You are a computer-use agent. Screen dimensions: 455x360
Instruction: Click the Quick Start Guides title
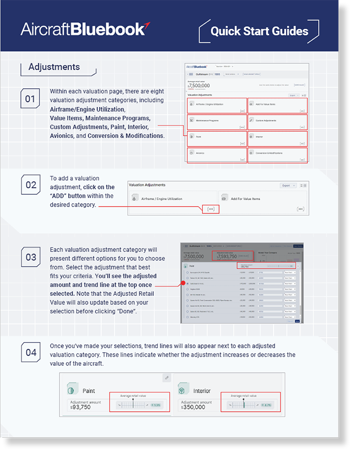(x=259, y=31)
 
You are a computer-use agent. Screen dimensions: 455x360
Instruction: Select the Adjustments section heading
(x=54, y=67)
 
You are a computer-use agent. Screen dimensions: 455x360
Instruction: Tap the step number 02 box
(x=30, y=185)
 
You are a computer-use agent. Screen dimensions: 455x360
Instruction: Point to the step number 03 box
(x=30, y=257)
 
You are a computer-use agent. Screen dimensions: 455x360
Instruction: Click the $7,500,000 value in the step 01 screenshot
(x=199, y=85)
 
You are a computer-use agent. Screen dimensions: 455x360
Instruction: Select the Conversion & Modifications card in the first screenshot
(x=277, y=154)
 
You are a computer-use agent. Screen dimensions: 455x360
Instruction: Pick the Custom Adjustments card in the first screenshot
(x=277, y=121)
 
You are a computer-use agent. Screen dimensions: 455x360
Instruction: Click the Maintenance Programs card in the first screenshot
(x=217, y=121)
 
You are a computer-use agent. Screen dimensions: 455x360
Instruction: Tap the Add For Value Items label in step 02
(x=245, y=199)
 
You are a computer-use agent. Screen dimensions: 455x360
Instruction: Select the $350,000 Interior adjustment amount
(x=194, y=407)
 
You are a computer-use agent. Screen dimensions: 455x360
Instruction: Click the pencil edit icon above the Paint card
(x=166, y=378)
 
